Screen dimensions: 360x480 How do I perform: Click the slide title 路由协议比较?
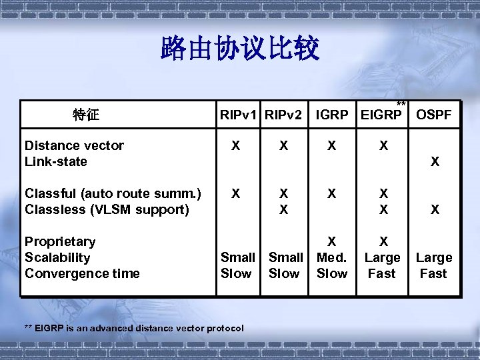click(x=240, y=49)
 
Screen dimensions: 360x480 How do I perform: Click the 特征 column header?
click(x=85, y=115)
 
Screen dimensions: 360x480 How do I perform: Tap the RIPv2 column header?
click(x=284, y=115)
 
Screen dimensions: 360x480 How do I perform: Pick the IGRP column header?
click(x=331, y=115)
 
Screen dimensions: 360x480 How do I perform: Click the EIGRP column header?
click(x=381, y=115)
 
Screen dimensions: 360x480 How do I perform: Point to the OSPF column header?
click(x=433, y=115)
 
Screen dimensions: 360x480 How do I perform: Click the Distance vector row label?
click(x=74, y=145)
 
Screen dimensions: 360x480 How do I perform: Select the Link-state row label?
click(x=55, y=161)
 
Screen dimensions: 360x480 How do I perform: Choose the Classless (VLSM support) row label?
click(x=107, y=209)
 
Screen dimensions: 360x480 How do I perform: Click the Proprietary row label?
click(x=60, y=241)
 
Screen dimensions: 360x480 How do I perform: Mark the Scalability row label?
click(x=57, y=257)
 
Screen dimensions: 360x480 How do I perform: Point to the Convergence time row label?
click(x=82, y=273)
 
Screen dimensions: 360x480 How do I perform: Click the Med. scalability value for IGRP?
click(x=331, y=257)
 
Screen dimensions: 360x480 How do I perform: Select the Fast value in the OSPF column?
click(x=433, y=273)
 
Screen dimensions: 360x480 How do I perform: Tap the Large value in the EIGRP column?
click(x=382, y=257)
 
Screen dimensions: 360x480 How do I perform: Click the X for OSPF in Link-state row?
click(x=435, y=161)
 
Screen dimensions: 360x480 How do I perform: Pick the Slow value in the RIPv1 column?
click(x=236, y=273)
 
